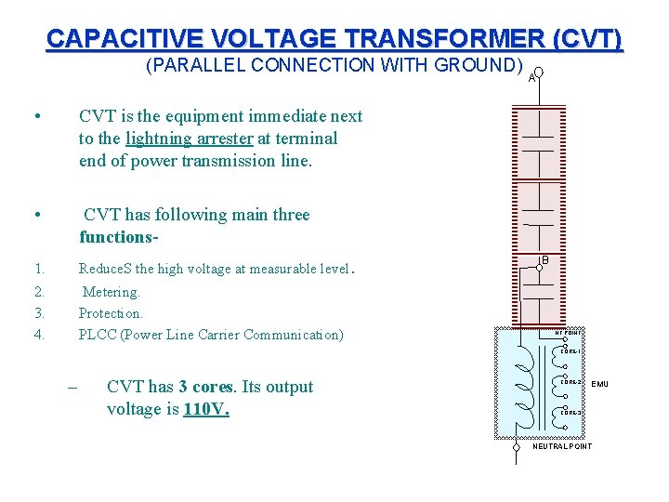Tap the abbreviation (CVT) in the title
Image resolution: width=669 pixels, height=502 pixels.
tap(587, 39)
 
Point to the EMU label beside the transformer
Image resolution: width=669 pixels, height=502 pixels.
tap(599, 383)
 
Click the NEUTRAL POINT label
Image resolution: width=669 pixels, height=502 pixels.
tap(562, 446)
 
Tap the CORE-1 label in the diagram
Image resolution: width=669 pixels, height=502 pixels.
tap(570, 351)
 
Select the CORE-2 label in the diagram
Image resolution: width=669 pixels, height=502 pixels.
tap(570, 382)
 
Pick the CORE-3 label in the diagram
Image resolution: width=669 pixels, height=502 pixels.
tap(570, 413)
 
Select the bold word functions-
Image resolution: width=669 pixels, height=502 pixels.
tap(119, 237)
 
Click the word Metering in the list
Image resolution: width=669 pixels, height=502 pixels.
tap(111, 292)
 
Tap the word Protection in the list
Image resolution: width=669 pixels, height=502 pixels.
tap(111, 313)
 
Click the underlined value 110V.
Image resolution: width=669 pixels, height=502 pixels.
tap(206, 409)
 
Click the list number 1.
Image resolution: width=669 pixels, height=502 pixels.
tap(39, 270)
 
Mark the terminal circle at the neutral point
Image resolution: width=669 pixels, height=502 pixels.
tap(517, 446)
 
